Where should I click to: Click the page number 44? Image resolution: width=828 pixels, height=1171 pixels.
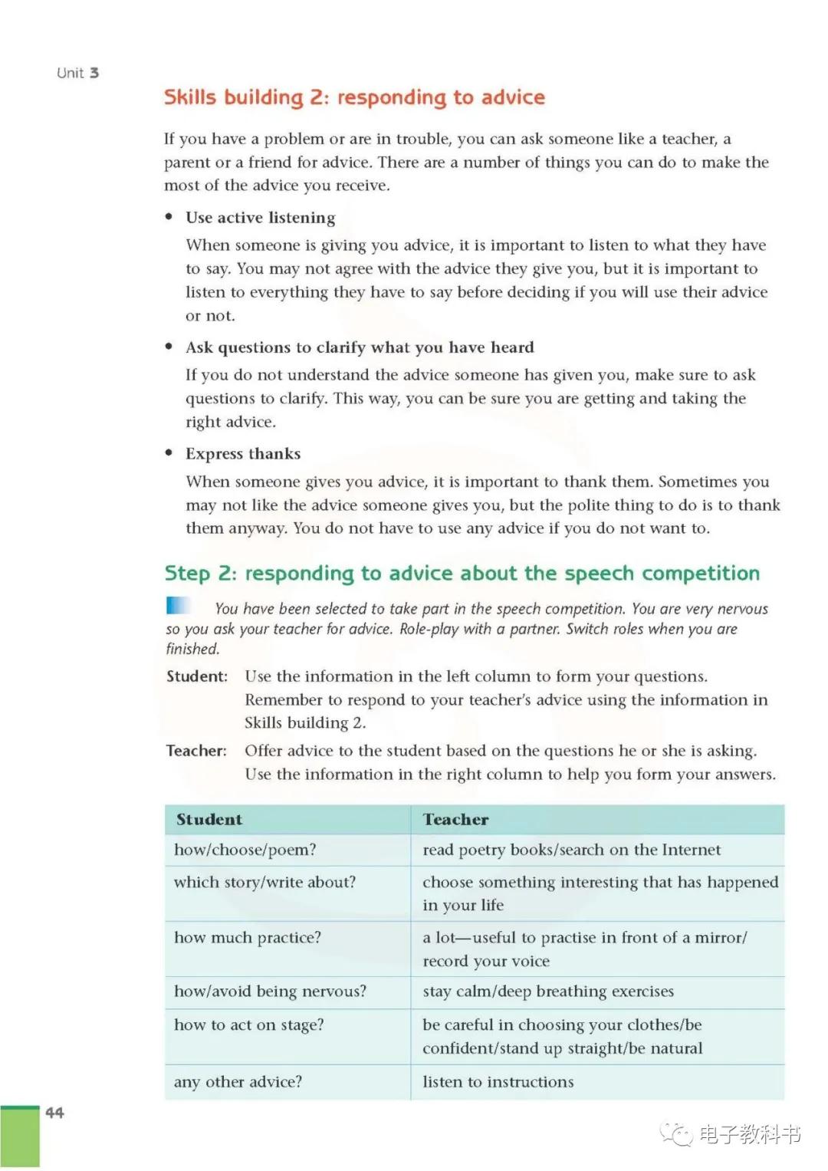tap(54, 1112)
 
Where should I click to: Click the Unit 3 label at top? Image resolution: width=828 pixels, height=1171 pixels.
tap(77, 73)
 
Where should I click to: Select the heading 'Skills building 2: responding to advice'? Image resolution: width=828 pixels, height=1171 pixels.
tap(354, 97)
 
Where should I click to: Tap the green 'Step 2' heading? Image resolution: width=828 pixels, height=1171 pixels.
tap(462, 573)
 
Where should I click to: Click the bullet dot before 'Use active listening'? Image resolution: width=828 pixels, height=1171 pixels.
tap(169, 217)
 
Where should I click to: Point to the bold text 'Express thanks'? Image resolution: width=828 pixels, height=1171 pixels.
tap(243, 453)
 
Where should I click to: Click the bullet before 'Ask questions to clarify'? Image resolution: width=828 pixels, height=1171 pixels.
tap(169, 347)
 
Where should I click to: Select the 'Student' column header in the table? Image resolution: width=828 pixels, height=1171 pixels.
tap(209, 819)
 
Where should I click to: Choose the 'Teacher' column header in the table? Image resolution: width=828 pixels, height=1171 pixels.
tap(455, 819)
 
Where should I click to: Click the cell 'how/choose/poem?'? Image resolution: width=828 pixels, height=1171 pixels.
tap(245, 850)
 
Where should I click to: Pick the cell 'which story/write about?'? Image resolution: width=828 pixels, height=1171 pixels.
tap(264, 882)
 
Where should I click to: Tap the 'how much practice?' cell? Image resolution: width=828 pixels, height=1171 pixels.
tap(248, 937)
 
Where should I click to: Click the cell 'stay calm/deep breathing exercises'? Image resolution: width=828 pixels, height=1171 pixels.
tap(548, 991)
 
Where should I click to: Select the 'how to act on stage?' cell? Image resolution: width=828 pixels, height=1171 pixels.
tap(249, 1025)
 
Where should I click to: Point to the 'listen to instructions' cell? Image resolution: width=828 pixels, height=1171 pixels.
tap(498, 1081)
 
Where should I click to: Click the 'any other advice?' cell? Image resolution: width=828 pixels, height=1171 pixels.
tap(238, 1081)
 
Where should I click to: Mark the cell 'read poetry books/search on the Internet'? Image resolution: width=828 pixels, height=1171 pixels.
tap(571, 850)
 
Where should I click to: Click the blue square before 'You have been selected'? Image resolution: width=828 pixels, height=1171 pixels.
tap(178, 606)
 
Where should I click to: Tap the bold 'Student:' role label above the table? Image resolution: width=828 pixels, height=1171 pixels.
tap(197, 676)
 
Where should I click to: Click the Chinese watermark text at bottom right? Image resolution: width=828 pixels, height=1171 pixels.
tap(749, 1133)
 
